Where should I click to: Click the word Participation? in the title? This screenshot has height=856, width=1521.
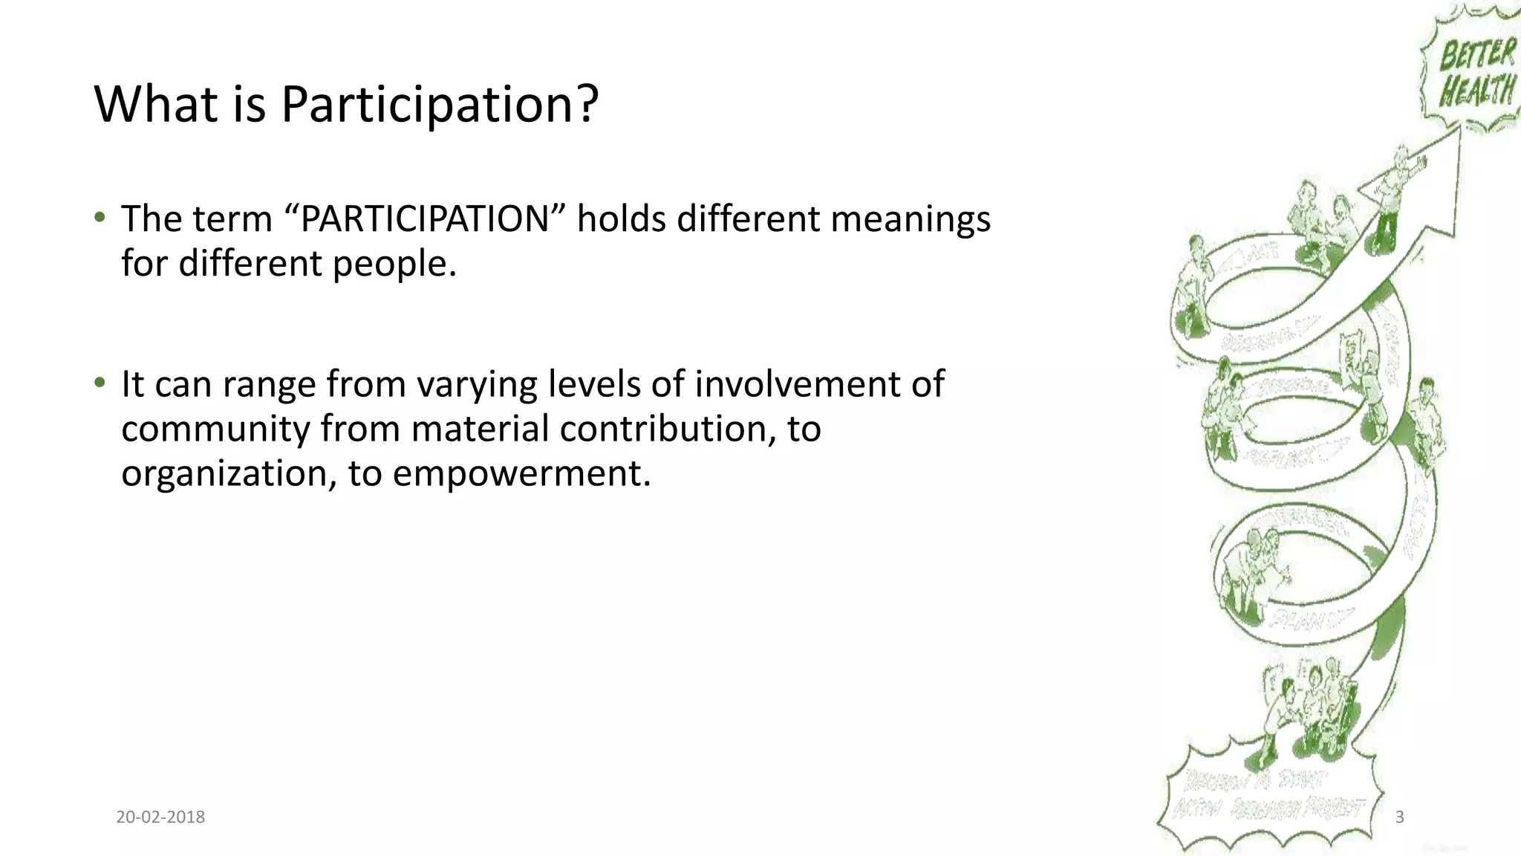(439, 104)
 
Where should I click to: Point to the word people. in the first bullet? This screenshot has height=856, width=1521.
(394, 263)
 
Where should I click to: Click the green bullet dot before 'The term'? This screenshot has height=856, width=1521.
(100, 217)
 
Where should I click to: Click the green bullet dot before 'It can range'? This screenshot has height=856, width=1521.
(100, 383)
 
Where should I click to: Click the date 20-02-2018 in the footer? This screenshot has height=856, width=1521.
(160, 817)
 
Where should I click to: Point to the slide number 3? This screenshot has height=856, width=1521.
(1400, 817)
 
